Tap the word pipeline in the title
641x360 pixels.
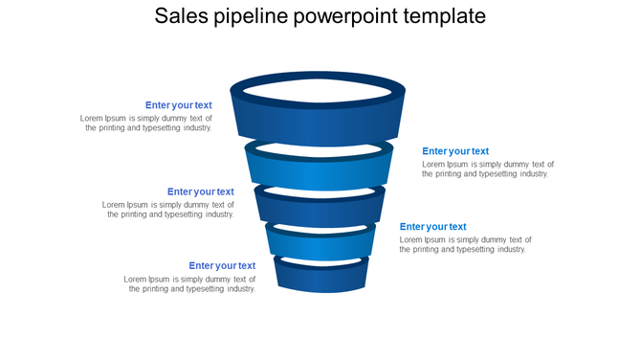254,17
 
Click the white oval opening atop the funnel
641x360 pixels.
320,92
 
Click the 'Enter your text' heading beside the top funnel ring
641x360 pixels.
179,105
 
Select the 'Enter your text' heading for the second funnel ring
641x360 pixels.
455,151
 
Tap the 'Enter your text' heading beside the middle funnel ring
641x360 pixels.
201,191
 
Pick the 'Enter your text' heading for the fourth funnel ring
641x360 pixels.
433,227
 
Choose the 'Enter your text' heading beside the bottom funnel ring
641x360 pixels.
222,266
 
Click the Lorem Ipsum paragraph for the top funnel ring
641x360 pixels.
146,124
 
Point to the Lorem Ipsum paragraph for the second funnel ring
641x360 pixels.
488,169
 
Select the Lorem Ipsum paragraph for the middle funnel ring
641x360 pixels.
168,210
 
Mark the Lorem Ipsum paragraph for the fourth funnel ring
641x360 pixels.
466,244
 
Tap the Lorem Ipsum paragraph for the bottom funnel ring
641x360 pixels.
190,283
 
